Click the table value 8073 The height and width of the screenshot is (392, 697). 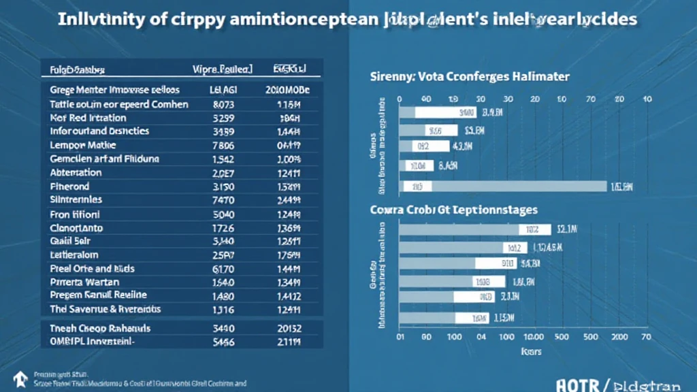click(x=223, y=104)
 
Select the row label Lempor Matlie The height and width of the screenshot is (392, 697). click(x=83, y=145)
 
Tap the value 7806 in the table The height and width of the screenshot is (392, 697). click(x=223, y=145)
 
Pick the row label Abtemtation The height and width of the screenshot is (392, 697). click(x=76, y=172)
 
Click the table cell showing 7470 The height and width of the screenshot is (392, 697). click(x=223, y=200)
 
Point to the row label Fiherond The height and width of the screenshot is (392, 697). click(x=70, y=186)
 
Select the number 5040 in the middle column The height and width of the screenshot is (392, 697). click(x=223, y=214)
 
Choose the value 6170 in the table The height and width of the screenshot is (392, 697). click(x=223, y=268)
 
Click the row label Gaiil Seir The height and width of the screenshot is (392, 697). click(x=71, y=240)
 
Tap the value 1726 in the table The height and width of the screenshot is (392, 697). click(x=223, y=227)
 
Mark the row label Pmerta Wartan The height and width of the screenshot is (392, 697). click(x=85, y=281)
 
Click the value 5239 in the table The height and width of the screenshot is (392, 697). click(x=223, y=117)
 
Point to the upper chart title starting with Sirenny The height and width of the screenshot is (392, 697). click(x=470, y=77)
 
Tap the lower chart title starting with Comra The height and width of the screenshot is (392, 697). click(x=453, y=210)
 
